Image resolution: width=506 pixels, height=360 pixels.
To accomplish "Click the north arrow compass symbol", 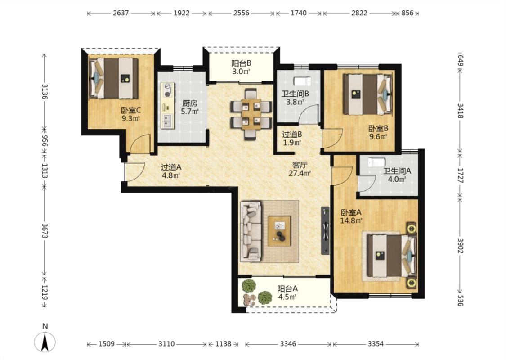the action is tap(45, 342).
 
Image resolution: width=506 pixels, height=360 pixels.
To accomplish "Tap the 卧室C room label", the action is tap(131, 110).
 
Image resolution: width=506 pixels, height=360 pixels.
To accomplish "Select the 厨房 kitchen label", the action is tap(189, 103).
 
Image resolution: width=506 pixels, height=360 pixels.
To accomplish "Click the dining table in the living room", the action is tap(251, 114).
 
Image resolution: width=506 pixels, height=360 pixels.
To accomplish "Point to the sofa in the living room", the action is tap(251, 231).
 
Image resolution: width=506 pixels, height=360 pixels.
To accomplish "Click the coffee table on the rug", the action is tap(279, 231).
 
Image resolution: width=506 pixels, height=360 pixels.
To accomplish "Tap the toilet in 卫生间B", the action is tap(302, 81).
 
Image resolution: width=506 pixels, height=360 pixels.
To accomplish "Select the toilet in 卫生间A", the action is tap(376, 162).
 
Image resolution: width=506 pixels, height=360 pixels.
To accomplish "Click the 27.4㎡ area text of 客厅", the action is tap(300, 173).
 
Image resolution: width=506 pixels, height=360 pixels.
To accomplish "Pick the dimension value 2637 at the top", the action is tap(121, 13).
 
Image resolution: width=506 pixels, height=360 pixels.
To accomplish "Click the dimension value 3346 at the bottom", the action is tap(288, 344).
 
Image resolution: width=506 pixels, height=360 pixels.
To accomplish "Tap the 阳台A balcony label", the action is tap(287, 288).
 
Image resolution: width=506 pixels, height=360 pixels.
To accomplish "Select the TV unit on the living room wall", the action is tap(325, 230).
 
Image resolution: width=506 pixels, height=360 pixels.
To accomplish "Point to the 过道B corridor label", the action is tap(292, 134).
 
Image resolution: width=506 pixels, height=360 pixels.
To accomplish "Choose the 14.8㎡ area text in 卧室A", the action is tap(351, 221).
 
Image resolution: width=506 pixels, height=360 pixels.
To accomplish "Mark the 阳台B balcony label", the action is tap(241, 63).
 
